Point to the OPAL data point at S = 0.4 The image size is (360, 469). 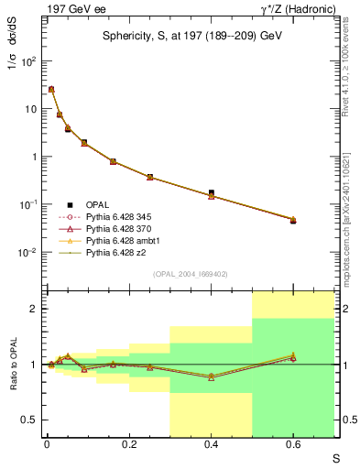(212, 193)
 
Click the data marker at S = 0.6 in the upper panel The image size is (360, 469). (293, 220)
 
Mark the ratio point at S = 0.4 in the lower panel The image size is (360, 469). (212, 376)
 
